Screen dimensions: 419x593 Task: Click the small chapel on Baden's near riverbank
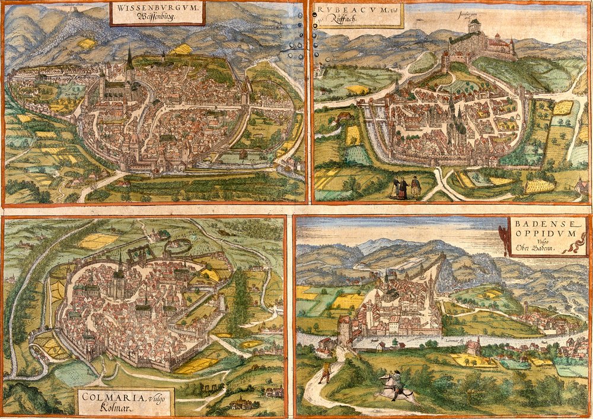(473, 347)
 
